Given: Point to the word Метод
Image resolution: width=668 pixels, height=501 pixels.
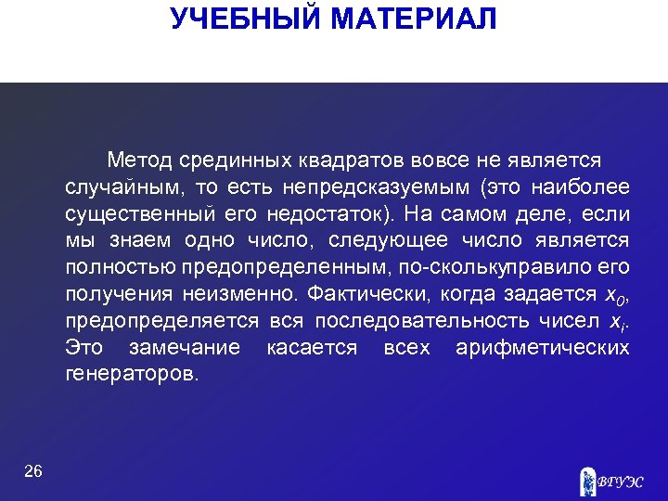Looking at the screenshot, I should (x=139, y=161).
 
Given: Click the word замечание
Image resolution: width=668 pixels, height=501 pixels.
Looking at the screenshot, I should (x=185, y=349).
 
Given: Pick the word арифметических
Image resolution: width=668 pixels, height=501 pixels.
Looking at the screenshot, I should (x=543, y=349).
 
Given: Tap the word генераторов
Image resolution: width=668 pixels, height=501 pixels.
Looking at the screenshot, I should (x=132, y=376).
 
